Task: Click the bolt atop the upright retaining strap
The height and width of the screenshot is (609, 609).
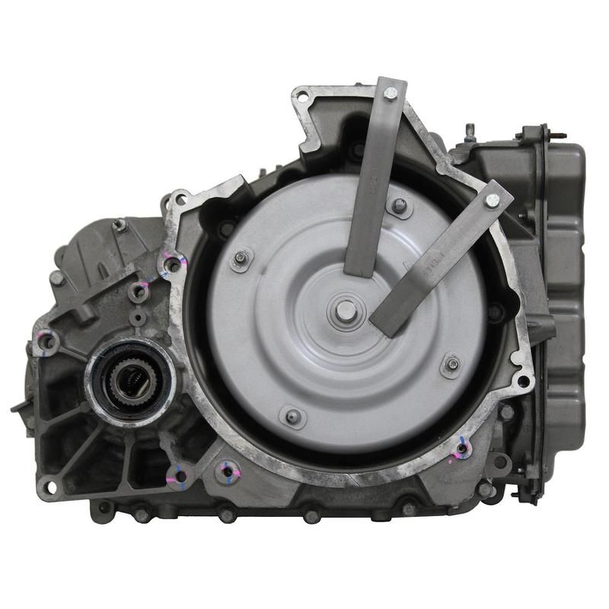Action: pos(391,94)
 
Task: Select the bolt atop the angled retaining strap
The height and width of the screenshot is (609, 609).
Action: pos(492,200)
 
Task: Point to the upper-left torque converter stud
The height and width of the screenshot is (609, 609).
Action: pos(241,258)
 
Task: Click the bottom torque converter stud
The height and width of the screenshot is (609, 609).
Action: pos(292,416)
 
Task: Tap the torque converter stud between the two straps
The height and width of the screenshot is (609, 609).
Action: pos(398,205)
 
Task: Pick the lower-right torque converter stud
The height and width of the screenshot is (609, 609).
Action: pos(452,365)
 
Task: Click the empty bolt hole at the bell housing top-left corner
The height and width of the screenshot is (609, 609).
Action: pos(303,97)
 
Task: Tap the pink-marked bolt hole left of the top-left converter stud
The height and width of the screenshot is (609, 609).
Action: pos(174,264)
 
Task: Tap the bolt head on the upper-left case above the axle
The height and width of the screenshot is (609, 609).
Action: pos(120,225)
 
